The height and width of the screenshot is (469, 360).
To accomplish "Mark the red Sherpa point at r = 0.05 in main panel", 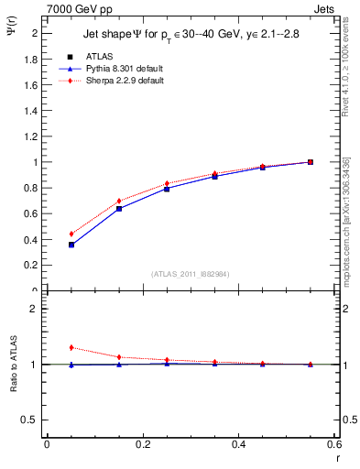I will (x=71, y=234).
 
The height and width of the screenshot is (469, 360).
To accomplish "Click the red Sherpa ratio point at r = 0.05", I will (x=71, y=347).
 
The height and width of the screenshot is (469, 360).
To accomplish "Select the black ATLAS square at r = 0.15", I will (x=119, y=209).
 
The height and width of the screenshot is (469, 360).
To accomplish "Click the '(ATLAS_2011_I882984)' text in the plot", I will (x=191, y=274).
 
